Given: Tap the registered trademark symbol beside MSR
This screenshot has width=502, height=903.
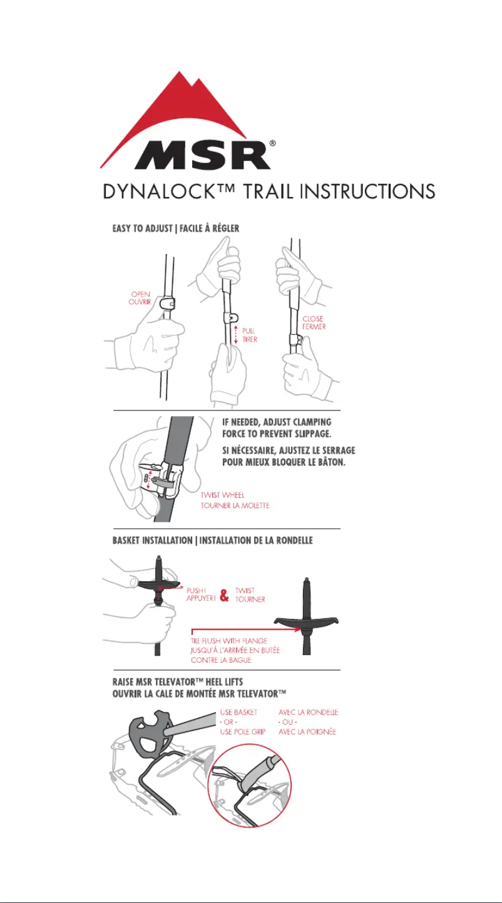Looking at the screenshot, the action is pyautogui.click(x=272, y=143).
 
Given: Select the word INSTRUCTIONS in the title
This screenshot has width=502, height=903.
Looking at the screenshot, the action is pyautogui.click(x=367, y=191).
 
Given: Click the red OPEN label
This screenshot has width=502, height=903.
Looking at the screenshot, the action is pyautogui.click(x=140, y=294).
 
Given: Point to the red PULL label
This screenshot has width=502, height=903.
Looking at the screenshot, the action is pyautogui.click(x=248, y=330).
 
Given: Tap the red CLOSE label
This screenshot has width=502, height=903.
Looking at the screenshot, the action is pyautogui.click(x=313, y=319).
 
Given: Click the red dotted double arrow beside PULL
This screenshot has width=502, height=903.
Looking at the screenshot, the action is pyautogui.click(x=236, y=335).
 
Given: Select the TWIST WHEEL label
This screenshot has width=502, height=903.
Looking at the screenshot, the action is pyautogui.click(x=223, y=495).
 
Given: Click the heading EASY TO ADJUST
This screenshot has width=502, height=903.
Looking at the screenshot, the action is pyautogui.click(x=142, y=228).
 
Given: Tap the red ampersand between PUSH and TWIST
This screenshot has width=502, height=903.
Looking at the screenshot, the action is pyautogui.click(x=224, y=594).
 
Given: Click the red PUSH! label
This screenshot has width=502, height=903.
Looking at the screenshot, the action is pyautogui.click(x=196, y=591).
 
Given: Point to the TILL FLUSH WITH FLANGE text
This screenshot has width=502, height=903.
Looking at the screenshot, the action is pyautogui.click(x=229, y=641).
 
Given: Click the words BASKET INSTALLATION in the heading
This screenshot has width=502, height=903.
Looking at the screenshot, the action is pyautogui.click(x=152, y=540).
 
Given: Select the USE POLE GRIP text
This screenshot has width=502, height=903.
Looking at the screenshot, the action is pyautogui.click(x=243, y=732).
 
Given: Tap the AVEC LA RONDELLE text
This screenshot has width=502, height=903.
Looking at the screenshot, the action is pyautogui.click(x=308, y=712).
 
